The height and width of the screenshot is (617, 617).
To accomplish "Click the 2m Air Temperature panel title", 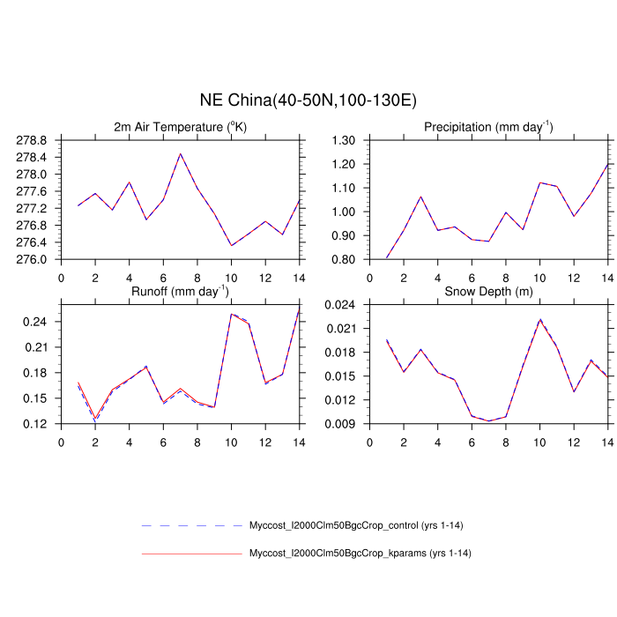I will pyautogui.click(x=181, y=127).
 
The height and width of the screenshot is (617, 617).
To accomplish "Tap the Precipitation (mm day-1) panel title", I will pyautogui.click(x=487, y=127).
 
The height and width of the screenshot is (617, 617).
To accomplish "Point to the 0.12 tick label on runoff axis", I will pyautogui.click(x=35, y=424).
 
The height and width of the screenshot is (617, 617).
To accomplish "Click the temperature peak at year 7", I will pyautogui.click(x=181, y=153).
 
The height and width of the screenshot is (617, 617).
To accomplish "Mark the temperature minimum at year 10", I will pyautogui.click(x=232, y=245).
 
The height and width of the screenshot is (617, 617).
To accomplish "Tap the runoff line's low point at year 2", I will pyautogui.click(x=95, y=420).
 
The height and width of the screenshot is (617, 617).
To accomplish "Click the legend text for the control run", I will pyautogui.click(x=356, y=526).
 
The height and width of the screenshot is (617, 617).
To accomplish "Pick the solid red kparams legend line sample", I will pyautogui.click(x=191, y=554).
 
